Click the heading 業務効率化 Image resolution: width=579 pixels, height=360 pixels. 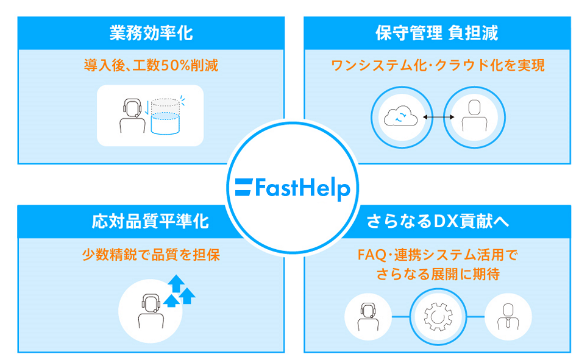pyautogui.click(x=151, y=33)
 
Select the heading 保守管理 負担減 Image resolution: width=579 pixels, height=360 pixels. pyautogui.click(x=436, y=33)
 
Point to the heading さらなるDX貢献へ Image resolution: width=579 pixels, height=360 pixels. pyautogui.click(x=436, y=221)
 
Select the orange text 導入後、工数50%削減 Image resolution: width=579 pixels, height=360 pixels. pyautogui.click(x=151, y=65)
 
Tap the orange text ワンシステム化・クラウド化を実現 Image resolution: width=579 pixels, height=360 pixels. pyautogui.click(x=437, y=65)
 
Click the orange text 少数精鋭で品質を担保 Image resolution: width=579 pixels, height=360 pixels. pyautogui.click(x=151, y=255)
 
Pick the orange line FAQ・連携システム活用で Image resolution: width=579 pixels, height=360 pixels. pyautogui.click(x=436, y=255)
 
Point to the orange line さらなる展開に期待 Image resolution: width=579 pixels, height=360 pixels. pyautogui.click(x=436, y=275)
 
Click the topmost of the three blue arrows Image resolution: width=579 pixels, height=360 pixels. pyautogui.click(x=176, y=282)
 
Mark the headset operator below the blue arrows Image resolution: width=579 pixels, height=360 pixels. pyautogui.click(x=149, y=311)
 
